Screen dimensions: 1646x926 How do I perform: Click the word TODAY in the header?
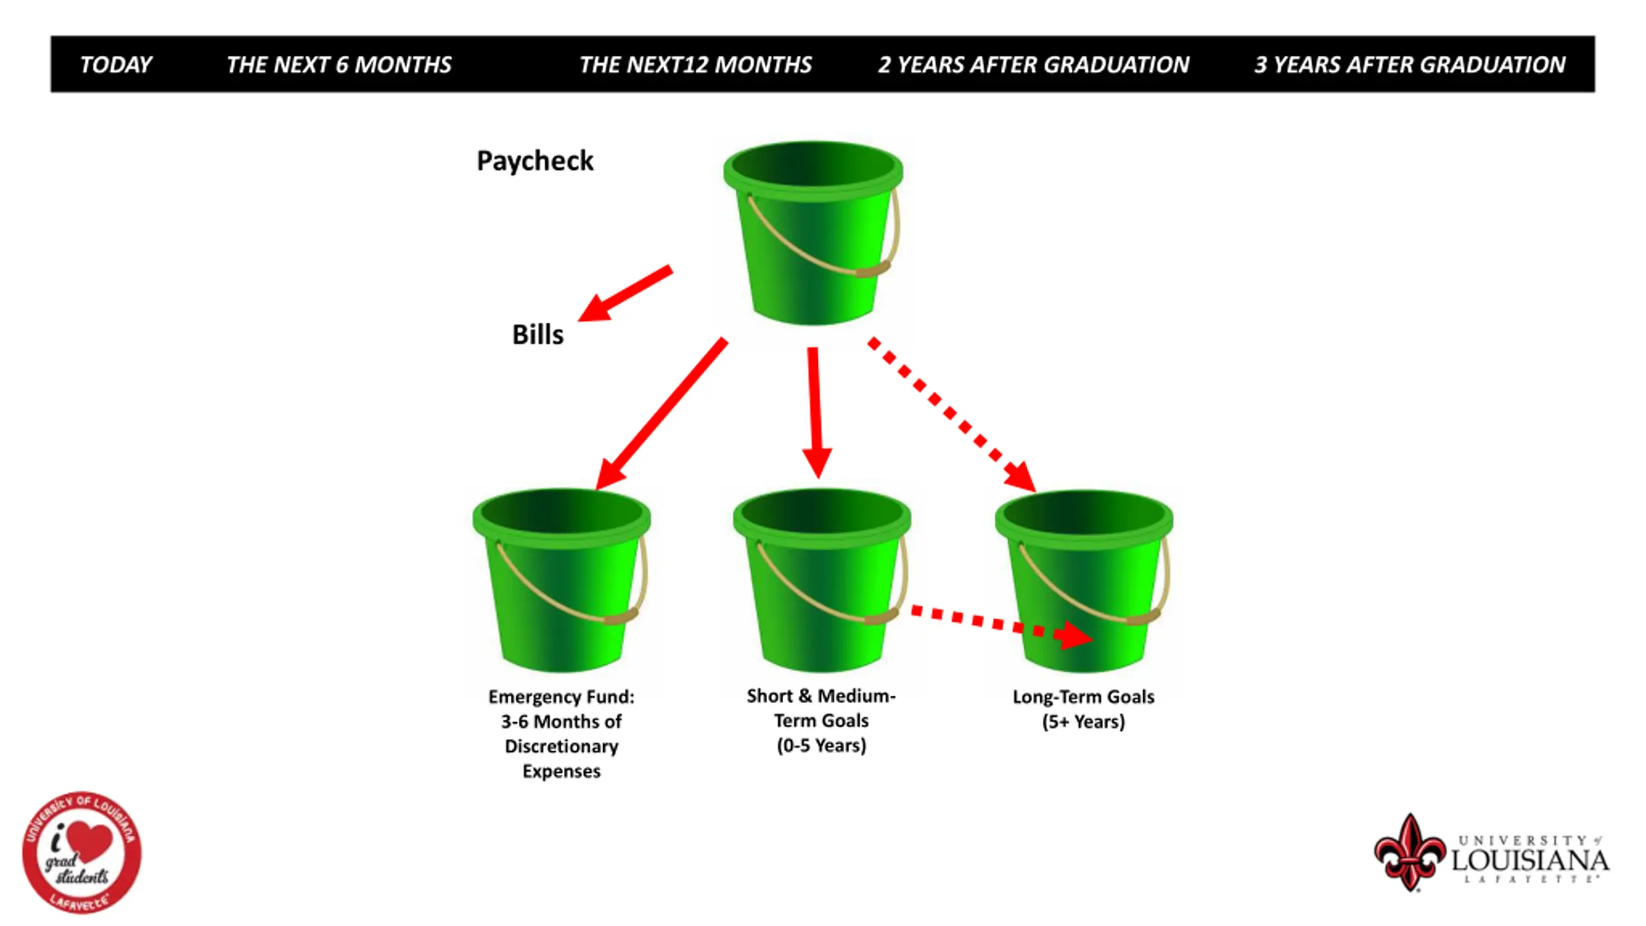[x=116, y=65]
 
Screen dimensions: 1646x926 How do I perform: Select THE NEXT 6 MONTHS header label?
[x=339, y=65]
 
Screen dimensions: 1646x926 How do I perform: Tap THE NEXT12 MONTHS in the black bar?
[x=695, y=65]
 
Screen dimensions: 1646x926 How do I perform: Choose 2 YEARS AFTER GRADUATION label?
[x=1033, y=65]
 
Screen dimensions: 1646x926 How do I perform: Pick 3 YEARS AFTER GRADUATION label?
[x=1409, y=65]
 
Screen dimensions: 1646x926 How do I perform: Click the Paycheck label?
[x=535, y=161]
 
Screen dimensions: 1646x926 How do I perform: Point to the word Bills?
[x=538, y=335]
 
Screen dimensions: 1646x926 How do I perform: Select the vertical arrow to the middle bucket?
[x=815, y=412]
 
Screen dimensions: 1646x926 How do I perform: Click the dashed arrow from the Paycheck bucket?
[x=952, y=415]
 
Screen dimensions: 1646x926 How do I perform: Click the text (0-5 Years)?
[x=821, y=746]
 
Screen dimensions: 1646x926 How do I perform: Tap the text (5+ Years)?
[x=1083, y=722]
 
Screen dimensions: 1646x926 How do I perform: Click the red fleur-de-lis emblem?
[x=1409, y=853]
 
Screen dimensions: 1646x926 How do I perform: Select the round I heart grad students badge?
[x=82, y=853]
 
